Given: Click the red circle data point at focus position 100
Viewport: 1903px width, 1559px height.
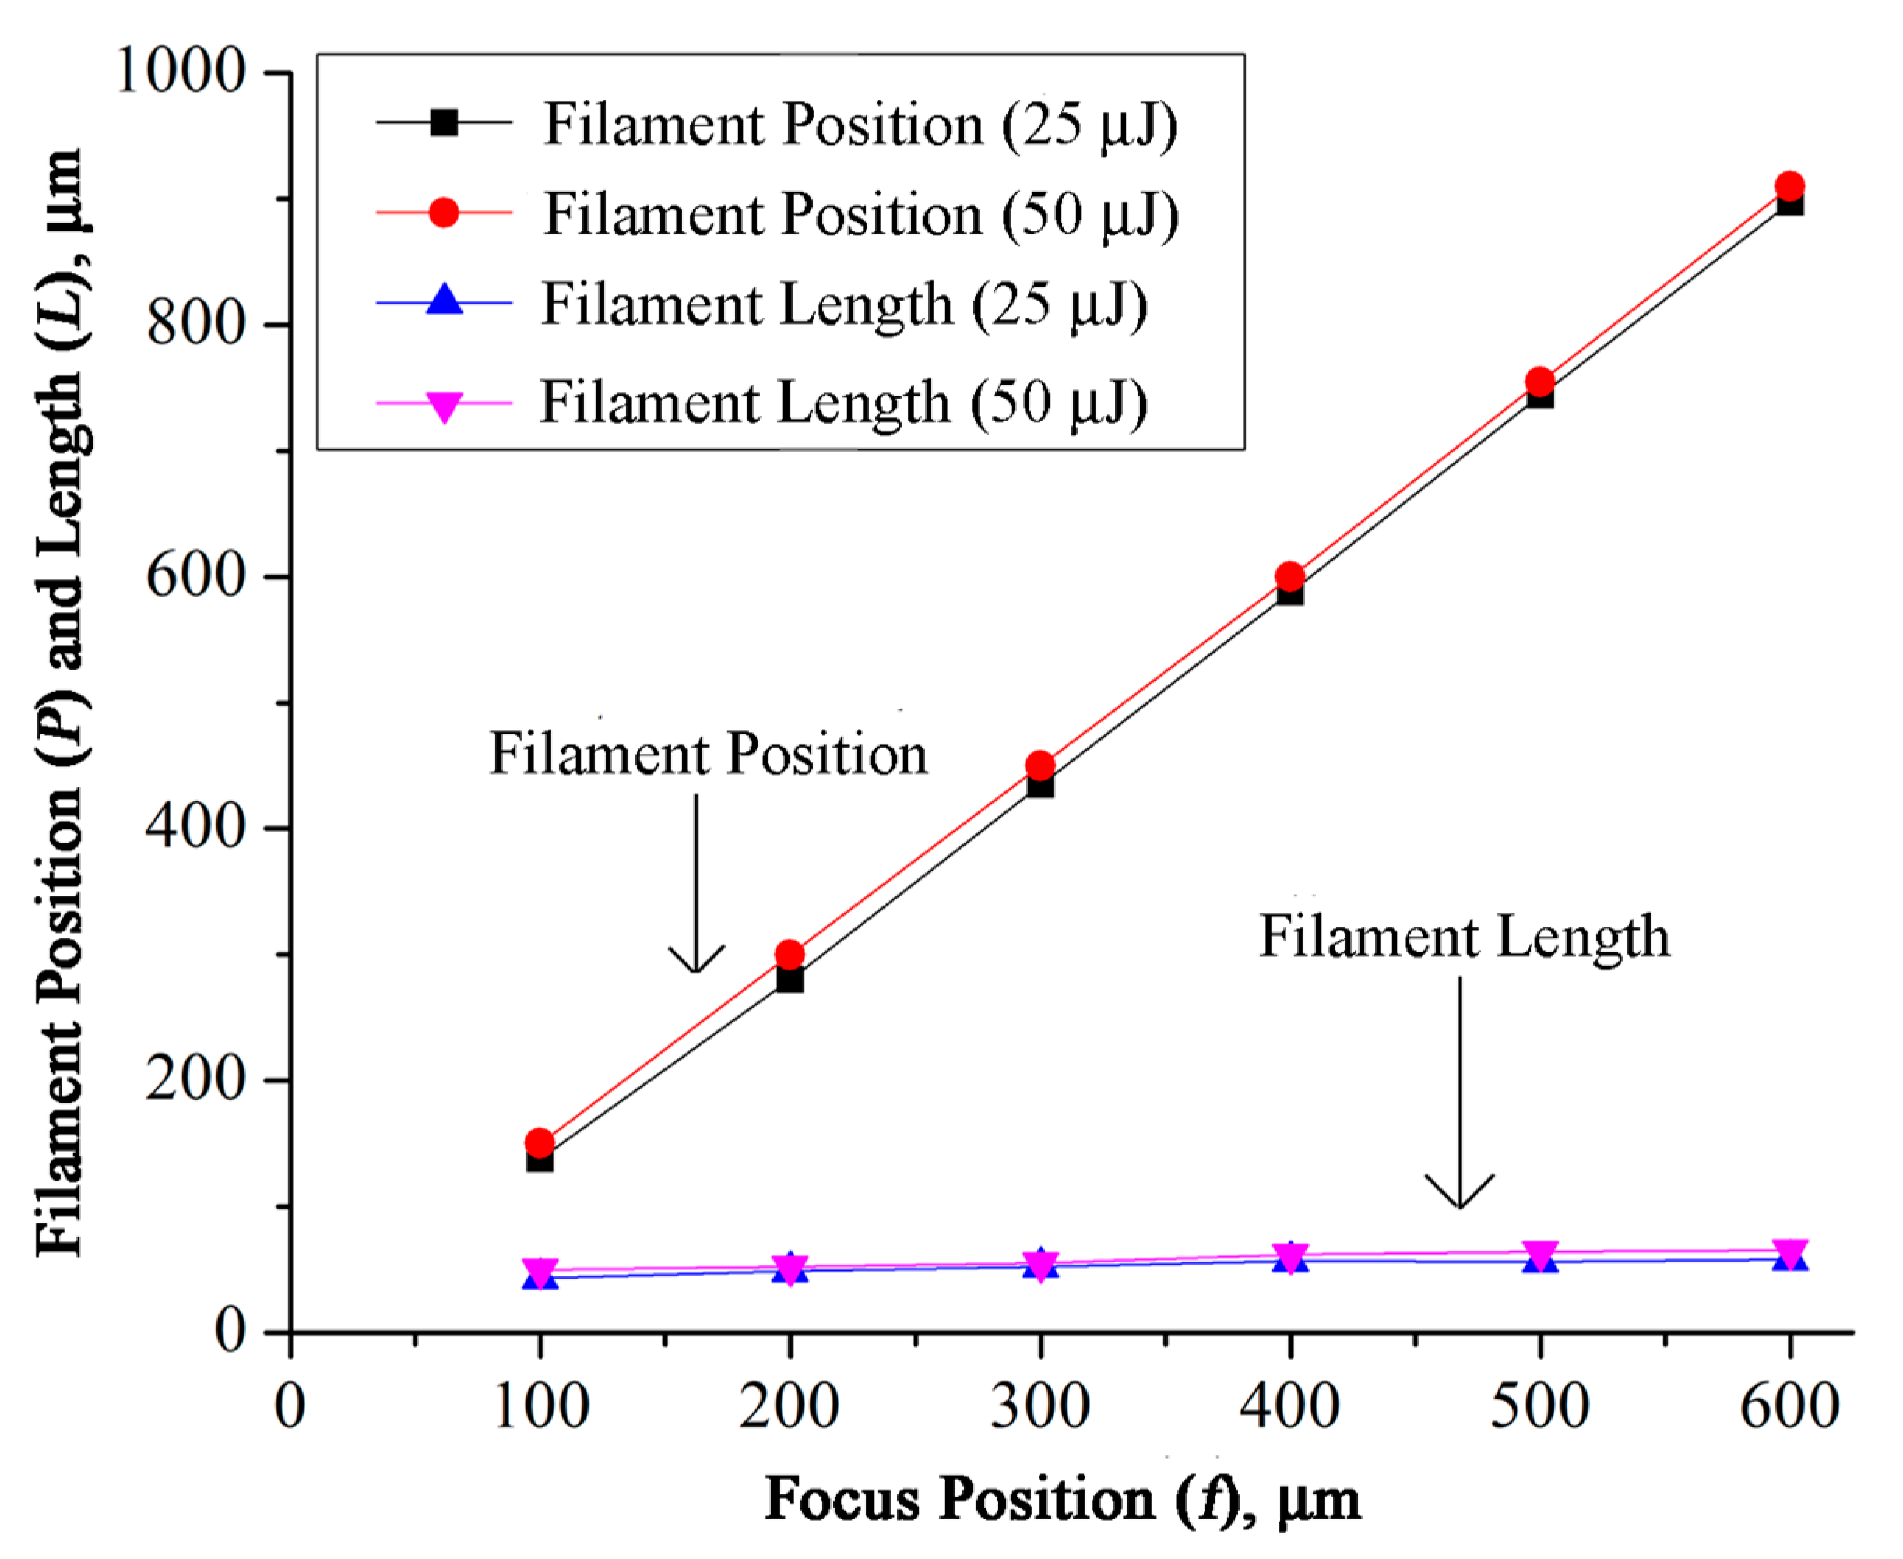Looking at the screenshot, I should click(539, 1143).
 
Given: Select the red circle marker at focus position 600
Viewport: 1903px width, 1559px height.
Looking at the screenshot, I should click(1790, 187).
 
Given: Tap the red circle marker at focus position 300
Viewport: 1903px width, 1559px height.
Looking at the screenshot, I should click(1040, 766).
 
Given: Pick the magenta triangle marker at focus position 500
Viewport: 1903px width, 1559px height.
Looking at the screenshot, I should click(1540, 1255).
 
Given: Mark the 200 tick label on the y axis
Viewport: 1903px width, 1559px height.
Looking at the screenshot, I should click(195, 1079).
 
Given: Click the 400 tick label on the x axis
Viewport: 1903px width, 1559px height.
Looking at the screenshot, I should click(1289, 1406).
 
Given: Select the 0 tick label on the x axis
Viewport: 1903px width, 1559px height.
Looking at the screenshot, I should click(290, 1406).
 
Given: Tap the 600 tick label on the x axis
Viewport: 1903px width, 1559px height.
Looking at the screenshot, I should click(1790, 1406).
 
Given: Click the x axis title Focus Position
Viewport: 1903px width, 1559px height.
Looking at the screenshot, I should click(1061, 1499).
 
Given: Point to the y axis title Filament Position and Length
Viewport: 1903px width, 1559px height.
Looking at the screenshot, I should click(61, 702).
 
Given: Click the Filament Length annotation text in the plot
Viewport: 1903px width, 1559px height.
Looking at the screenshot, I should click(1464, 937).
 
